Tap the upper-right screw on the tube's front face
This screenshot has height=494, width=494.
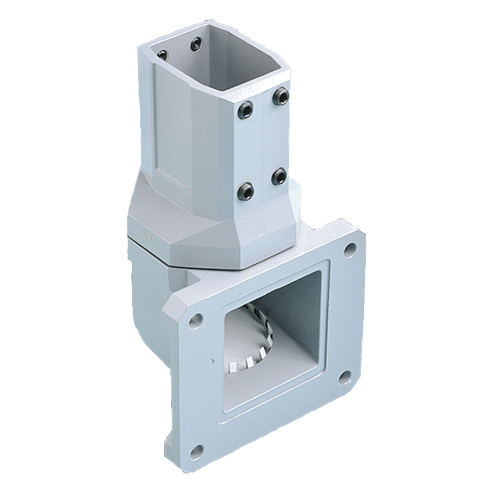pyautogui.click(x=281, y=96)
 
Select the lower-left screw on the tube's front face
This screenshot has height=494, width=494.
pyautogui.click(x=246, y=192)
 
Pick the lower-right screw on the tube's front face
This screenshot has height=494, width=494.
pyautogui.click(x=279, y=176)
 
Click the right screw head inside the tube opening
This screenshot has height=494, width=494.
pyautogui.click(x=195, y=44)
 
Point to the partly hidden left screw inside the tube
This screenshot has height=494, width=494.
pyautogui.click(x=163, y=55)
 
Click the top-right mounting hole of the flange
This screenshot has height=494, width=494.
pyautogui.click(x=350, y=249)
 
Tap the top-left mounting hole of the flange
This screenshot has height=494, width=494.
pyautogui.click(x=195, y=321)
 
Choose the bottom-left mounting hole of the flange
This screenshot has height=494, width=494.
pyautogui.click(x=196, y=452)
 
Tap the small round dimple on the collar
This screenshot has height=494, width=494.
pyautogui.click(x=148, y=236)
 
